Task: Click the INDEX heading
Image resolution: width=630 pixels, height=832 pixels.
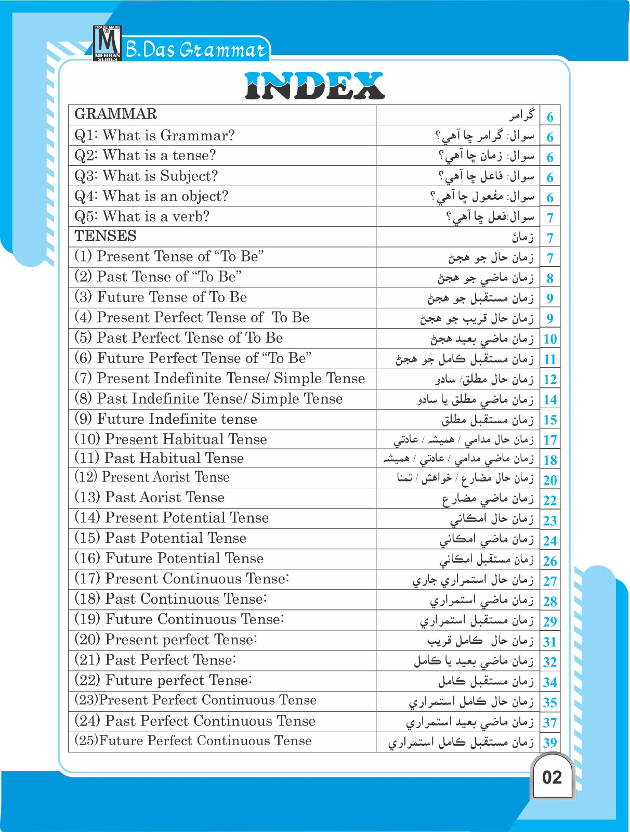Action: click(314, 86)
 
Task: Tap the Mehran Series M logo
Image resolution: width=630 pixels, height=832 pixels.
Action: click(107, 43)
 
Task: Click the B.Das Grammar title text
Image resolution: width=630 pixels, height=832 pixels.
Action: click(196, 50)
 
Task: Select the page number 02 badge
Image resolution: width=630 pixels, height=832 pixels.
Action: click(552, 777)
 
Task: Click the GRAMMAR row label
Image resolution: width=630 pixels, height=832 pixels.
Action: click(115, 114)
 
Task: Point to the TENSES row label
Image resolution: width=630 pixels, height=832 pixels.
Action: click(106, 236)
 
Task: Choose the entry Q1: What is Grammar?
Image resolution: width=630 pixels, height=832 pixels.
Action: click(154, 136)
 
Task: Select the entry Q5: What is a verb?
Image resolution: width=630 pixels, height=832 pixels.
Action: click(142, 216)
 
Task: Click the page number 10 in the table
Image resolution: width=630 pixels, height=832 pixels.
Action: click(549, 340)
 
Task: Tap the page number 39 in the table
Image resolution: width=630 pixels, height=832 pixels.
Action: click(549, 743)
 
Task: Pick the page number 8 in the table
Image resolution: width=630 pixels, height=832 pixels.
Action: click(549, 279)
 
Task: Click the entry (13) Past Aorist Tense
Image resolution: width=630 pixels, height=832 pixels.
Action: click(150, 498)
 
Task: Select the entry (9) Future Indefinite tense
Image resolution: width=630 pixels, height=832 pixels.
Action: click(166, 419)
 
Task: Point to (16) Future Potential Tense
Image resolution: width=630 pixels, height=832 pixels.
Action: click(169, 558)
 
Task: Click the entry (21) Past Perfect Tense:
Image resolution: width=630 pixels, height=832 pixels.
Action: click(155, 660)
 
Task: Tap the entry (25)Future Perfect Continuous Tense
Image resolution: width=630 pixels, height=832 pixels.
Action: click(193, 741)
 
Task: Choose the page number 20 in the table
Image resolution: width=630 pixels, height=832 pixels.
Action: click(549, 480)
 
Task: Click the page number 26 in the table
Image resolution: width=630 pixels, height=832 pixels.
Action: click(549, 562)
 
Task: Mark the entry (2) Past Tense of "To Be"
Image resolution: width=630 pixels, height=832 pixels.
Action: click(158, 277)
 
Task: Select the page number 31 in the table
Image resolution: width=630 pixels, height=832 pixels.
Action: click(549, 642)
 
